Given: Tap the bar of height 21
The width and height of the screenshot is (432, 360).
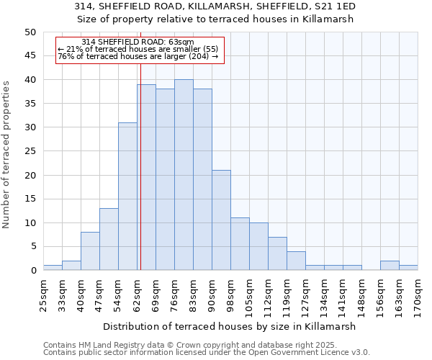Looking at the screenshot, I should click(221, 220).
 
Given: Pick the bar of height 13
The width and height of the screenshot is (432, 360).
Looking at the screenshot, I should click(109, 239).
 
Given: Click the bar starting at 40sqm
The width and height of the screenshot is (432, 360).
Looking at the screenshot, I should click(90, 251).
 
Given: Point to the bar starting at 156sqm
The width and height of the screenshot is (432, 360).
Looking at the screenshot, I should click(390, 266).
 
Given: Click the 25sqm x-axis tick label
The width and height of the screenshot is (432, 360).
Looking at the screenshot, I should click(43, 294).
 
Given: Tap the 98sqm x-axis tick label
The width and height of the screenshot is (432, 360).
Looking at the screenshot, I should click(230, 294).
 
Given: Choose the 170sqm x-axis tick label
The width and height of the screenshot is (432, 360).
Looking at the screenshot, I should click(418, 294).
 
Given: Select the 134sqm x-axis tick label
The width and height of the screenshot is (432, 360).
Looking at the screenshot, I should click(324, 294).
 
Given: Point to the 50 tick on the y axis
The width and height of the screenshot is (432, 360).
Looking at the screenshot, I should click(30, 32).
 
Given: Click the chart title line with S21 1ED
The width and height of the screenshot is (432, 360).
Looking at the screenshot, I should click(215, 6).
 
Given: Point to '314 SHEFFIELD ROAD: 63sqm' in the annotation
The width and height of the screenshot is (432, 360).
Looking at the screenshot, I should click(138, 42).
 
